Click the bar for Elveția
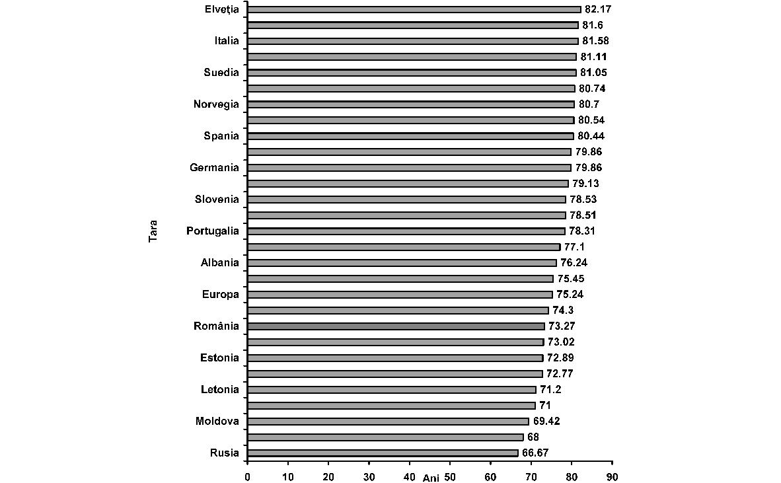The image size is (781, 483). pos(414,9)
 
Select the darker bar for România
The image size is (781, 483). pos(396,326)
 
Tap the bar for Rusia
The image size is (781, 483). pos(383,453)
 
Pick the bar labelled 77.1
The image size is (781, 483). pos(404,247)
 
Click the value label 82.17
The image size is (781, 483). pos(599,9)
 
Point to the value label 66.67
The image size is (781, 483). pos(535,453)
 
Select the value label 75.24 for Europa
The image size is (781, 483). pos(570,295)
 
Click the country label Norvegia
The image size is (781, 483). pos(216,104)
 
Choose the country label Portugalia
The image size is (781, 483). pos(213,231)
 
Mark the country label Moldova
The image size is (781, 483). pos(217,422)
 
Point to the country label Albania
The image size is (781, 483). pos(220,263)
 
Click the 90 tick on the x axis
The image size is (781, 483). pos(612,476)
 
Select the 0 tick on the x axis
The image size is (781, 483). pos(248,476)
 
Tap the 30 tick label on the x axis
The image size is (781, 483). pos(369,476)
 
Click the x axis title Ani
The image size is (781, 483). pos(431,477)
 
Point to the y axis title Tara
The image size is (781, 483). pos(153,231)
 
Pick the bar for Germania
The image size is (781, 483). pos(409,168)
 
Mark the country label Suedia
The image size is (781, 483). pos(221,73)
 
